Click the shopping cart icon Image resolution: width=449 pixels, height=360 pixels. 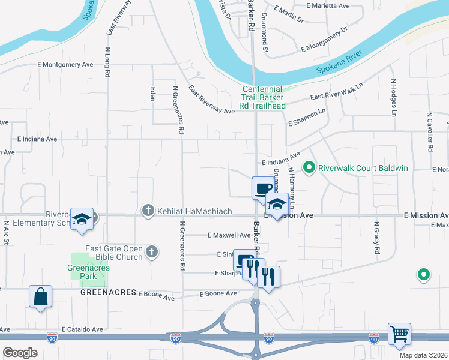click(x=399, y=334)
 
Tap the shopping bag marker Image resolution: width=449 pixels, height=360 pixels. click(x=40, y=296)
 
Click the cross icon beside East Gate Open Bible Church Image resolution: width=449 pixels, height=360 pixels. click(x=152, y=253)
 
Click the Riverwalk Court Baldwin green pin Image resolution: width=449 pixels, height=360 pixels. click(x=309, y=167)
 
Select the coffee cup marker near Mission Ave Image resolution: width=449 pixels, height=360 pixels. click(x=262, y=188)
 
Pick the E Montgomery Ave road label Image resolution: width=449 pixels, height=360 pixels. click(x=65, y=64)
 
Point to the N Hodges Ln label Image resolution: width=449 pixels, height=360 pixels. click(x=394, y=97)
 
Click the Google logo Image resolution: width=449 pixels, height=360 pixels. click(x=20, y=353)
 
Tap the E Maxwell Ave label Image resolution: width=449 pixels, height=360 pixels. click(x=229, y=235)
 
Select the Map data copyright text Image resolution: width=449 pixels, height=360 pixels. click(x=423, y=355)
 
